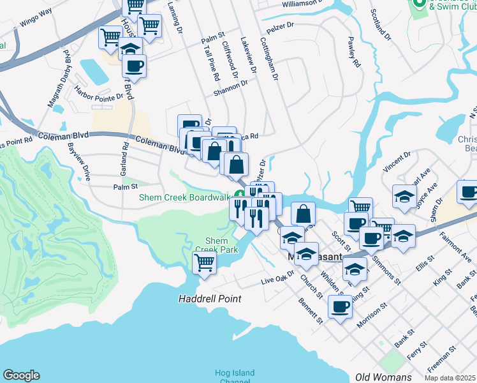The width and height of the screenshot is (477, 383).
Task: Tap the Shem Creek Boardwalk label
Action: click(184, 197)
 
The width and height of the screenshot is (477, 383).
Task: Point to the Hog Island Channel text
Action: click(235, 377)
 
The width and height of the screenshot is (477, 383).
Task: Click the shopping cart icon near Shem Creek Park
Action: click(205, 261)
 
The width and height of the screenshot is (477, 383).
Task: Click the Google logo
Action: click(22, 375)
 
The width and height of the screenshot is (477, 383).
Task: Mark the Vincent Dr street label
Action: click(397, 163)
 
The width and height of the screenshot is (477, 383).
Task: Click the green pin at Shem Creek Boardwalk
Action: click(240, 195)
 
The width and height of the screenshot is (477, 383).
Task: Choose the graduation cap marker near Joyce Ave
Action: click(404, 196)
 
